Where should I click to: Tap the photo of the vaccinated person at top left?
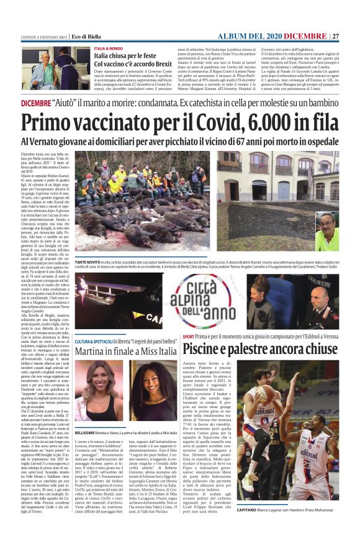[53, 69]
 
